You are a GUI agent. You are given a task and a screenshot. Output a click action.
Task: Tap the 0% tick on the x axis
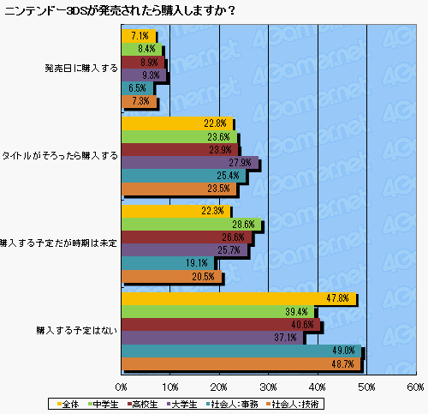(122, 387)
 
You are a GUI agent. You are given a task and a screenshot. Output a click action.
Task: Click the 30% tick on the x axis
(269, 387)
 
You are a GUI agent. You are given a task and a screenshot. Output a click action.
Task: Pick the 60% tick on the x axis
(415, 387)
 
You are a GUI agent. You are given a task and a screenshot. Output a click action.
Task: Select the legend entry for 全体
(70, 403)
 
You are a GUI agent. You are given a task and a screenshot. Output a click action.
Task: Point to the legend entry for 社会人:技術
(292, 403)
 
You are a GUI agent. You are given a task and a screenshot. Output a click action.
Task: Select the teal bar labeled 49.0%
(241, 351)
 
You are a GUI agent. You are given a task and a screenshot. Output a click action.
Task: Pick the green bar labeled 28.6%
(191, 225)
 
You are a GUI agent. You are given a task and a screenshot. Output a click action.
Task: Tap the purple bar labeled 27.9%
(189, 163)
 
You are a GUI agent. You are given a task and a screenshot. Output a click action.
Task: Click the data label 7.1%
(140, 37)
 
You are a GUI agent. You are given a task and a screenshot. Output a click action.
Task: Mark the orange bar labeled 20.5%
(171, 277)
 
